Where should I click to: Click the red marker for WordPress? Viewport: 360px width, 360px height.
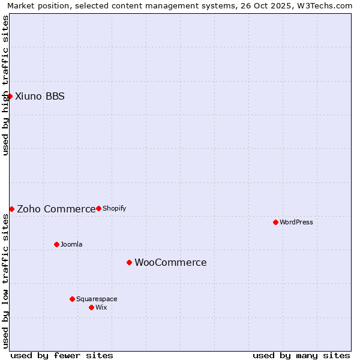tap(275, 222)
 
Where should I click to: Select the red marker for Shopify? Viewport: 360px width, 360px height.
tap(98, 208)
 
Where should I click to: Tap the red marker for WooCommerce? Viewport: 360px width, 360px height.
tap(129, 262)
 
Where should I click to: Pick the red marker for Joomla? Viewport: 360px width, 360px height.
tap(56, 244)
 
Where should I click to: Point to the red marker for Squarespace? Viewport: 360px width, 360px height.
tap(72, 299)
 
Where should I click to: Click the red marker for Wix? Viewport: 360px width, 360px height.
tap(91, 307)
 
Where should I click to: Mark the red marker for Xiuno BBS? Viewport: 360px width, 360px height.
tap(10, 96)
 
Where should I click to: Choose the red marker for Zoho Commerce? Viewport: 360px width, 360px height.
tap(11, 209)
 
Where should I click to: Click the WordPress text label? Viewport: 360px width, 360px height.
tap(296, 222)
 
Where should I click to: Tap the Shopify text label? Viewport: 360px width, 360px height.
tap(115, 208)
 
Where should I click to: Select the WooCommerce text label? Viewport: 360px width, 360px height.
tap(170, 262)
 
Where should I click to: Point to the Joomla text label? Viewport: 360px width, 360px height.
tap(71, 244)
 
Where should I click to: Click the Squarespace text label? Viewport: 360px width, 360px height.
tap(97, 299)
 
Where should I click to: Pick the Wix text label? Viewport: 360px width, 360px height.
tap(101, 307)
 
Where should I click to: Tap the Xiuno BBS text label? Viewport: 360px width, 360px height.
tap(40, 96)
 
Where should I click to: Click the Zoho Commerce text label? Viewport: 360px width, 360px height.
tap(56, 209)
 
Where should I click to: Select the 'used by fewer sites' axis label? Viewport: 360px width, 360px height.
tap(62, 355)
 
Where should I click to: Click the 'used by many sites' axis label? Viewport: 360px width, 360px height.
tap(301, 355)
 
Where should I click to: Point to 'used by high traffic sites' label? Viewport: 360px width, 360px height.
tap(5, 85)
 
